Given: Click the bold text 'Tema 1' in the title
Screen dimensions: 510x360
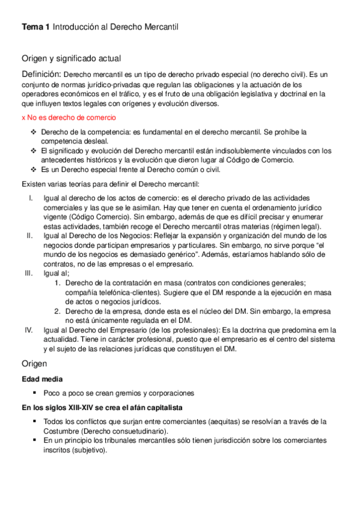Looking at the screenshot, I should pos(35,27).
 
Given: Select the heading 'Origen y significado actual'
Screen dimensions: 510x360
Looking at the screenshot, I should pos(71,58).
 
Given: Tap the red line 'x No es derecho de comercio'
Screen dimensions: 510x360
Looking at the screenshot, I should pos(69,118).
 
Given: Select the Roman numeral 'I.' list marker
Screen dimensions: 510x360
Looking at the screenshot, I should pos(31,198).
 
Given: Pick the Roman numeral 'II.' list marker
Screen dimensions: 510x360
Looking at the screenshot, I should pos(29,236).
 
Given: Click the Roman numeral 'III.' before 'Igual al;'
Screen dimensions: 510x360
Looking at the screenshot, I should pos(28,273).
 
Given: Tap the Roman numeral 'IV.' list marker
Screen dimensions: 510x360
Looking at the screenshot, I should pos(29,330).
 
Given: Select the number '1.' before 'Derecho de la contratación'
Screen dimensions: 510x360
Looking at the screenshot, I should pos(57,283).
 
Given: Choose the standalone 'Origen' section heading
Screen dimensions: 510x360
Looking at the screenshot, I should pos(34,364).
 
